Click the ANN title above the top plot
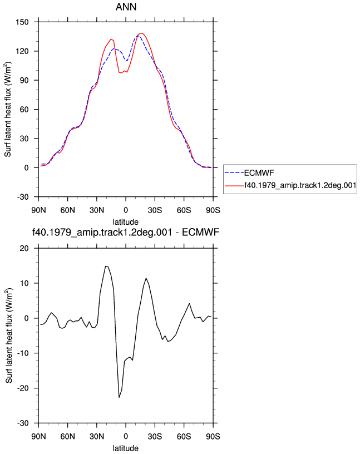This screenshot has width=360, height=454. (126, 7)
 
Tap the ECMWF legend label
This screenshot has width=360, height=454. (259, 173)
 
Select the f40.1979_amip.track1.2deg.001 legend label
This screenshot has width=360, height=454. (300, 185)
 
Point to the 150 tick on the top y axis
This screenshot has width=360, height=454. (22, 22)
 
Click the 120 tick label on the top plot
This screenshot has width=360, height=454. (22, 51)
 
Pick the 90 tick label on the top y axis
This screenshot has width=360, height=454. (24, 80)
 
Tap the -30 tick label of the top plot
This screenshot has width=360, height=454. (23, 197)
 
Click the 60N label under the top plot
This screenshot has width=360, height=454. (67, 210)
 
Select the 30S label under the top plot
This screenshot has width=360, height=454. (155, 210)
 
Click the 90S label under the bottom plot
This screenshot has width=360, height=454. (213, 436)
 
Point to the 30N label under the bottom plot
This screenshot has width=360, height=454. (97, 436)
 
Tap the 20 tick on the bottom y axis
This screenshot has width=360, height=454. (24, 249)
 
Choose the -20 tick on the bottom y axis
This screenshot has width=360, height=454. (23, 388)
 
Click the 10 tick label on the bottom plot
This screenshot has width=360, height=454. (24, 283)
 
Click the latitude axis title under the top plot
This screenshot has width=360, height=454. (126, 222)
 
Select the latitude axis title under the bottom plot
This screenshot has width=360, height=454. (126, 448)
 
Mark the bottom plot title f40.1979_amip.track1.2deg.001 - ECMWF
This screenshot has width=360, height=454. (126, 232)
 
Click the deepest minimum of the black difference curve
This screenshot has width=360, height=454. (119, 397)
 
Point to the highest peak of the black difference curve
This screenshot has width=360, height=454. (106, 266)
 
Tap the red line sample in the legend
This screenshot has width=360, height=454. (234, 185)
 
